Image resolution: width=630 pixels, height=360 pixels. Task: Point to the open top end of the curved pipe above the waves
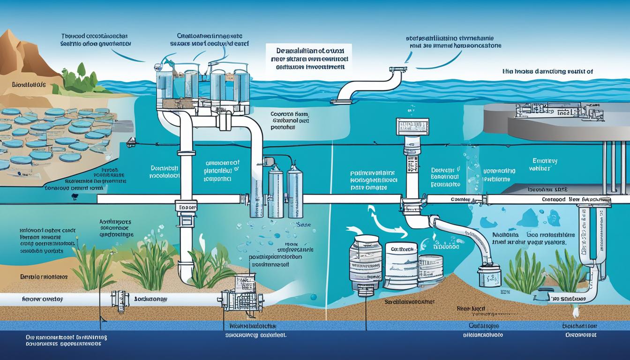(x=397, y=69)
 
